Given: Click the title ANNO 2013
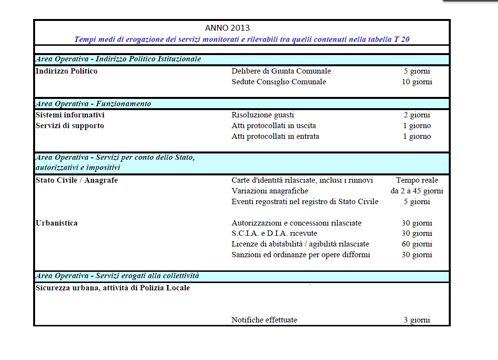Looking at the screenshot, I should pos(228,28).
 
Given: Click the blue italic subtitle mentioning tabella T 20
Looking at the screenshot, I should pos(242,39).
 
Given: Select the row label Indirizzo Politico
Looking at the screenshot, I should pos(67,71).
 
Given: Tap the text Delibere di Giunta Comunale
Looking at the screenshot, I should pos(281,71).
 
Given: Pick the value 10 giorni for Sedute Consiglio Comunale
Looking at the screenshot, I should pos(416,82).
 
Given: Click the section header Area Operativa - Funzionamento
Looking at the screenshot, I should pos(93,104).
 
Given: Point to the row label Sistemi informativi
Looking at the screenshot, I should pos(70,115).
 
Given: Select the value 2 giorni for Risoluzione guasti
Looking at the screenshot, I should pos(417,115).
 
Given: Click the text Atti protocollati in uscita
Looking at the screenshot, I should pos(273,126).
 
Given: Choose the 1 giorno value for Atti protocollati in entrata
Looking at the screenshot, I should pos(417,136).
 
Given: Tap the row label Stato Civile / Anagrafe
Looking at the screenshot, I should pos(77,180).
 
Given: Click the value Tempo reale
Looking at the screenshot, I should pos(417,180).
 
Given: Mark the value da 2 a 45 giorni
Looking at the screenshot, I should pos(417,191).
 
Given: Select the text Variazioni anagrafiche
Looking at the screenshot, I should pos(270,191).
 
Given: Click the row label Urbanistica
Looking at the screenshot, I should pos(57,223).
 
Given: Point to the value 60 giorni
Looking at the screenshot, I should pos(417,244).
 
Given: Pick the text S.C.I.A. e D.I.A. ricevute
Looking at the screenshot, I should pos(274,234).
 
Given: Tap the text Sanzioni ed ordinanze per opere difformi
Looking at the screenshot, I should pos(301,255).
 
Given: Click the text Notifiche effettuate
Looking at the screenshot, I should pos(264,320).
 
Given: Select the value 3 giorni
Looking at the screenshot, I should pos(417,320).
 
